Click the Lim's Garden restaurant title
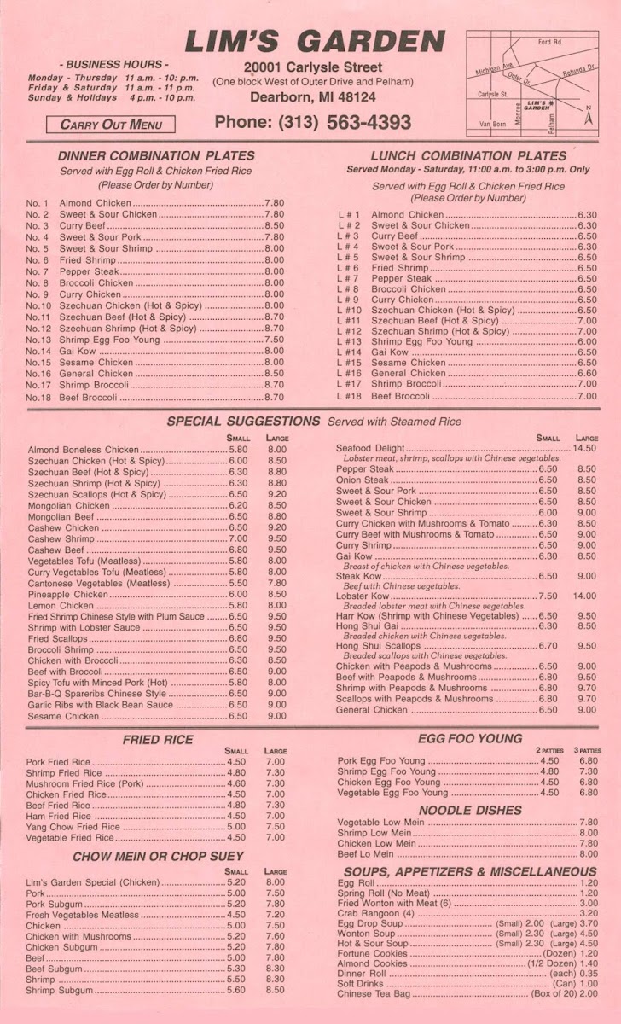pyautogui.click(x=314, y=41)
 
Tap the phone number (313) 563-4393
pyautogui.click(x=312, y=122)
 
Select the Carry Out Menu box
pyautogui.click(x=111, y=125)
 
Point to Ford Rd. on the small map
pyautogui.click(x=550, y=42)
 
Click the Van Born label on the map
pyautogui.click(x=492, y=125)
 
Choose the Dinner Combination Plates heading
pyautogui.click(x=156, y=156)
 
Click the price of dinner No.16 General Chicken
pyautogui.click(x=274, y=374)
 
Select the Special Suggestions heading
pyautogui.click(x=243, y=422)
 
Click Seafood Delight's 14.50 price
pyautogui.click(x=584, y=448)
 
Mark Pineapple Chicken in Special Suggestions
pyautogui.click(x=68, y=594)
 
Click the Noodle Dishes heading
pyautogui.click(x=470, y=810)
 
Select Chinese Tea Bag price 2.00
pyautogui.click(x=588, y=994)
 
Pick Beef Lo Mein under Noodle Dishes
pyautogui.click(x=366, y=853)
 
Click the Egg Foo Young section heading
pyautogui.click(x=470, y=739)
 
